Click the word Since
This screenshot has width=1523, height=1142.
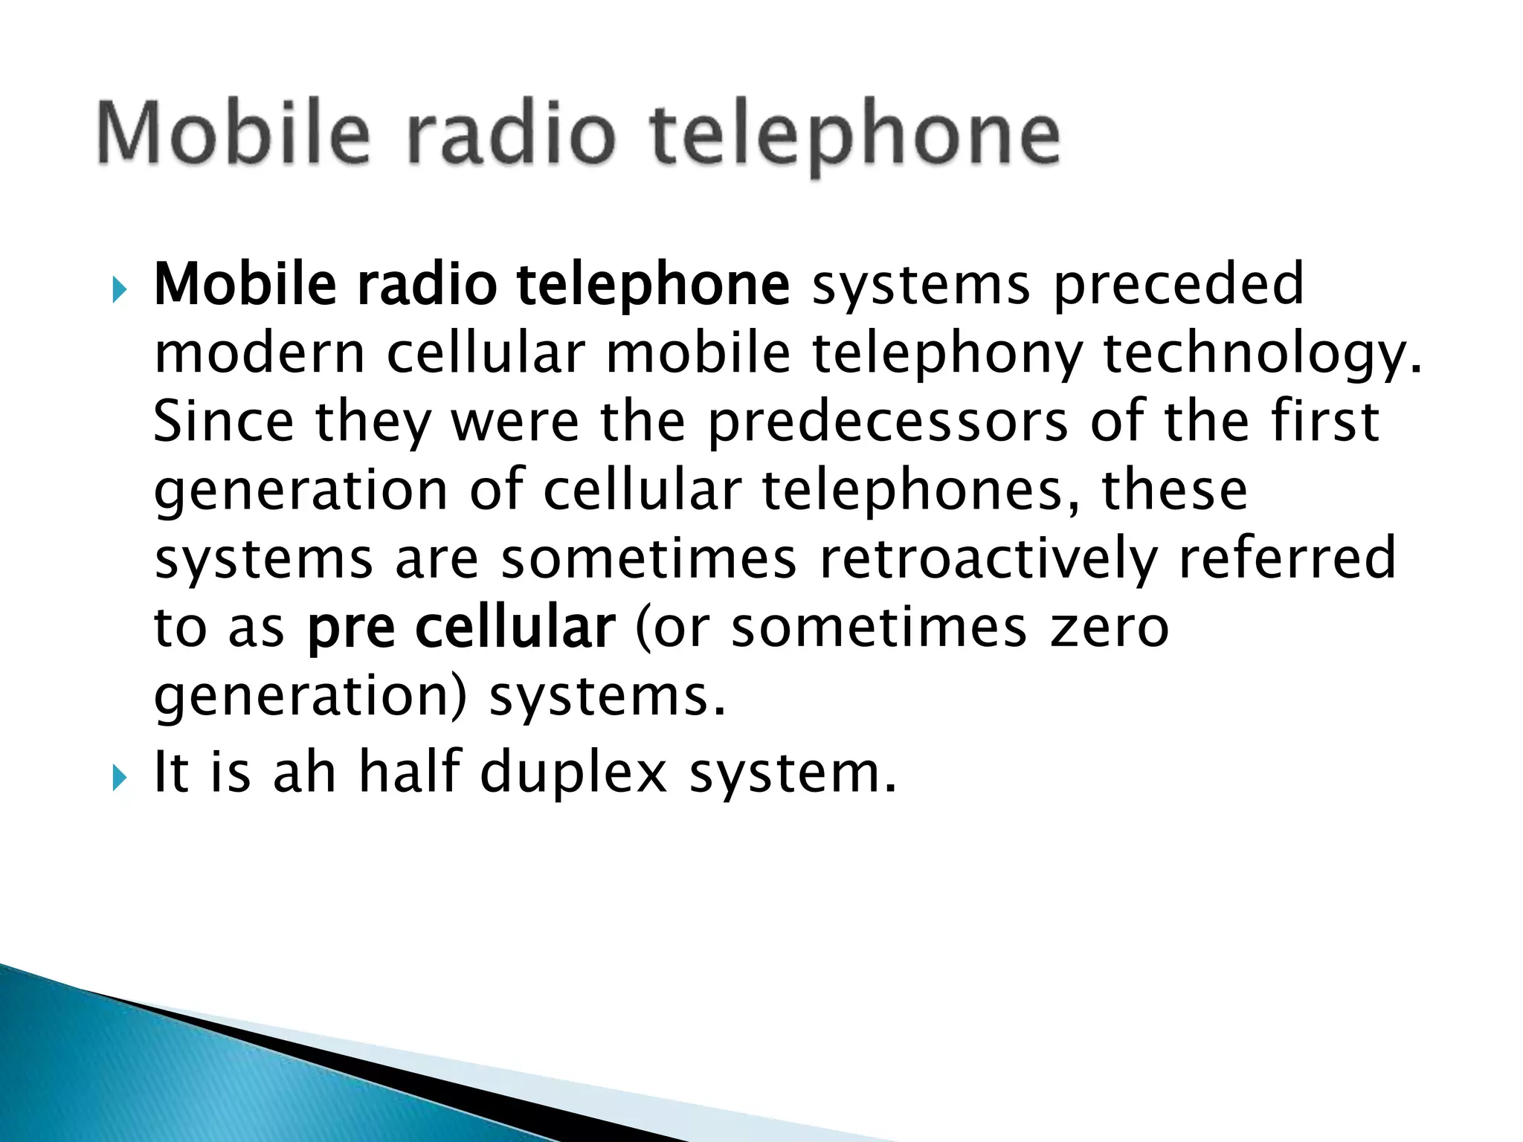coord(223,421)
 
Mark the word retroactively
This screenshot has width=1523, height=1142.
coord(988,559)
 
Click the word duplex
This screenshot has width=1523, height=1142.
coord(573,773)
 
